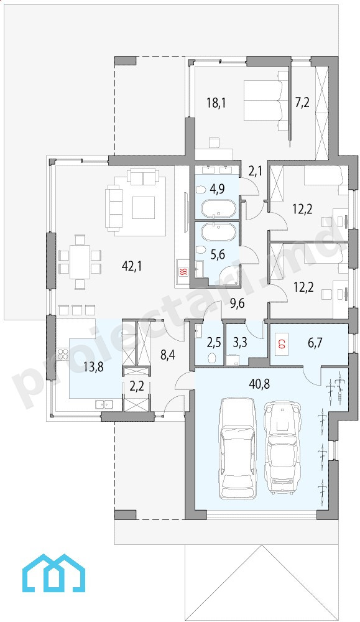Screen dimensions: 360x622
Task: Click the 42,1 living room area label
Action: click(x=131, y=266)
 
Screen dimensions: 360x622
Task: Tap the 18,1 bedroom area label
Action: click(x=216, y=103)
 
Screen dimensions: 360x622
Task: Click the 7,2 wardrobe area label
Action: click(x=303, y=103)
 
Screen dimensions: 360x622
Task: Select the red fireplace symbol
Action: click(x=183, y=272)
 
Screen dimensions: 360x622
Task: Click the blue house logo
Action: click(x=54, y=573)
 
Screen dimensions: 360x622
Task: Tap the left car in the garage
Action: click(x=238, y=444)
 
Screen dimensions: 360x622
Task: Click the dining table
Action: click(x=80, y=261)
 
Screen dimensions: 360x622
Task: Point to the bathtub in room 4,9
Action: click(x=218, y=208)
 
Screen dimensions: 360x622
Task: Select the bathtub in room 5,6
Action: click(x=218, y=231)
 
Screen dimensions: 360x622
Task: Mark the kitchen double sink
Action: click(x=104, y=405)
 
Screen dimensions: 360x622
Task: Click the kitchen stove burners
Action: click(x=63, y=354)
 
